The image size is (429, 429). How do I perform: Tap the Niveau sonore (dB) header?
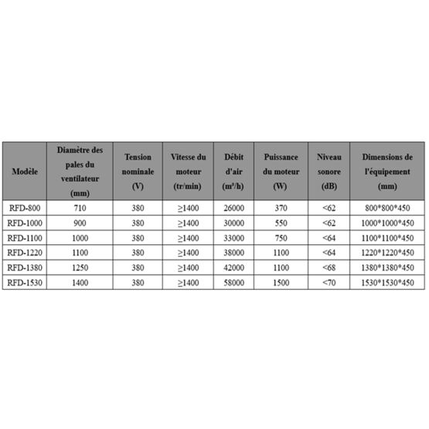(329, 169)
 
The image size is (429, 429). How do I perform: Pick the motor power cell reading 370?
(280, 209)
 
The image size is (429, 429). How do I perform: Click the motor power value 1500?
(280, 283)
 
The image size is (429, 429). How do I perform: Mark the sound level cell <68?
(329, 268)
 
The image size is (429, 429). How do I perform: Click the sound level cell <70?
(329, 283)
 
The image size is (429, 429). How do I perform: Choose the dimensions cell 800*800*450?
(387, 209)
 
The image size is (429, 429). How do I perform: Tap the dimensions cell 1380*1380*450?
(387, 268)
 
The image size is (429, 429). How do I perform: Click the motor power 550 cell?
(280, 223)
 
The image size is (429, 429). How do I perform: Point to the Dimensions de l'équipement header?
(387, 169)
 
